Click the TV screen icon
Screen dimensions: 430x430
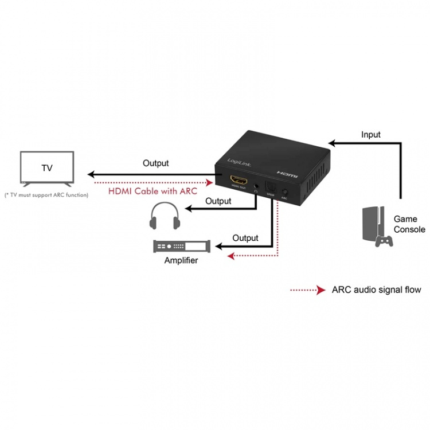47,168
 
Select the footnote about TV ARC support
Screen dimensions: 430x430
46,195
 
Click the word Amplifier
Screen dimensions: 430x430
181,260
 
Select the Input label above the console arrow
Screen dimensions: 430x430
371,135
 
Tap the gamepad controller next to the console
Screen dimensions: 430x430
384,240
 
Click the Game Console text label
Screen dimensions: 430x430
409,224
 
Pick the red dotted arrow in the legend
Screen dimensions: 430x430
308,290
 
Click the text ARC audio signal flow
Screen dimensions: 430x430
376,290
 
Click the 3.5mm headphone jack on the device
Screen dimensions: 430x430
255,186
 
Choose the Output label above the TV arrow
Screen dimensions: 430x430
156,163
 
